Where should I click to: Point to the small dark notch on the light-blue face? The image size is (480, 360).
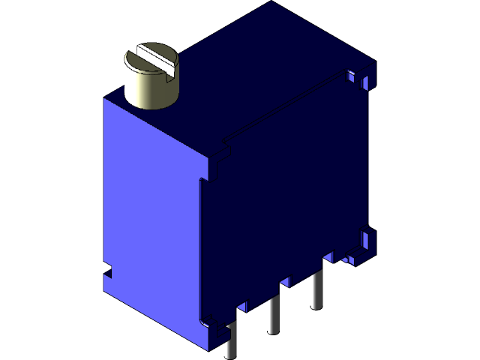106,268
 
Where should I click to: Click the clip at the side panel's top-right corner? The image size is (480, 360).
359,78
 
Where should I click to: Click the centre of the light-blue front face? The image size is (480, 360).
154,217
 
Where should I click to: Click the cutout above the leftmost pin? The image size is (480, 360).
242,307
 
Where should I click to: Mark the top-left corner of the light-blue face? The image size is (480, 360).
103,100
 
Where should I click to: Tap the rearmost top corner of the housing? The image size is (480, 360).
274,3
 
